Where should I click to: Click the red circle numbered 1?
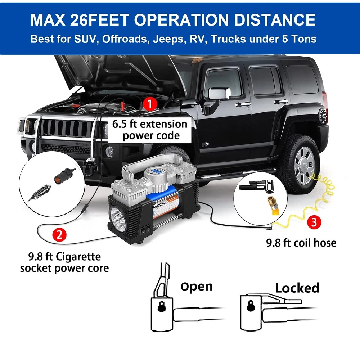pyautogui.click(x=150, y=104)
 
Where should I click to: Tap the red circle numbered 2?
pyautogui.click(x=59, y=235)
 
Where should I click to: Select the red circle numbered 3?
pyautogui.click(x=314, y=222)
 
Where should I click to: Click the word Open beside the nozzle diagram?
pyautogui.click(x=197, y=287)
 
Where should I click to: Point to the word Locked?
pyautogui.click(x=297, y=288)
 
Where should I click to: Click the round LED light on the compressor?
pyautogui.click(x=118, y=216)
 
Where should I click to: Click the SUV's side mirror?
pyautogui.click(x=219, y=94)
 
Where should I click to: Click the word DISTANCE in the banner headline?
pyautogui.click(x=275, y=19)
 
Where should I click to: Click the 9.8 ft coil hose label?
pyautogui.click(x=301, y=243)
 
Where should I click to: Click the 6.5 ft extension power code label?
pyautogui.click(x=150, y=130)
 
